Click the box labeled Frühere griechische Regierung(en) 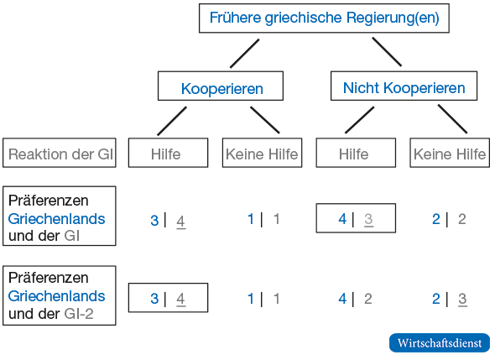click(x=324, y=18)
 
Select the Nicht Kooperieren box click(x=404, y=86)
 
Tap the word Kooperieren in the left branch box click(x=222, y=89)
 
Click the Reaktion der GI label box click(x=60, y=153)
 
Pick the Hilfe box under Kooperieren click(x=168, y=153)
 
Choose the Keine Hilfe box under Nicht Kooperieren click(x=450, y=153)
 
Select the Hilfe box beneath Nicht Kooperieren click(x=356, y=153)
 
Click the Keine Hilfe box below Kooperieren click(x=262, y=153)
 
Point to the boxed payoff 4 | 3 click(x=356, y=218)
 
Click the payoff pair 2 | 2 click(x=449, y=219)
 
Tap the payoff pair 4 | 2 click(x=355, y=299)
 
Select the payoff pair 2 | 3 click(x=450, y=299)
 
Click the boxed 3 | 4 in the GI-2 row click(x=168, y=298)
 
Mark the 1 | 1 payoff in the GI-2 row click(x=263, y=299)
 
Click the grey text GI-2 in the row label click(x=79, y=314)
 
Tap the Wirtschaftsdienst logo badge click(x=440, y=342)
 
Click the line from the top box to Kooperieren click(x=245, y=54)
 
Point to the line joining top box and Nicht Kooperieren click(x=387, y=52)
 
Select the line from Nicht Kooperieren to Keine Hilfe click(x=452, y=118)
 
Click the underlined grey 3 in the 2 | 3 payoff click(x=462, y=299)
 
